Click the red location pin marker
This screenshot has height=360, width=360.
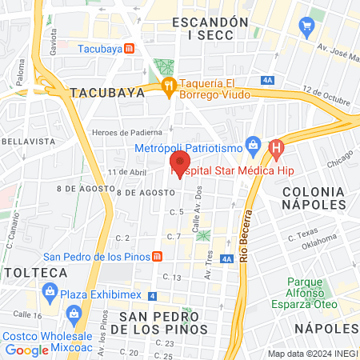coord(180,163)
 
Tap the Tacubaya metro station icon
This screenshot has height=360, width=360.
coord(141,48)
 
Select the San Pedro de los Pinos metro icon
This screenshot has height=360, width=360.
coord(158,257)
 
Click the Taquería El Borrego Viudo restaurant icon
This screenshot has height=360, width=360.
coord(168,86)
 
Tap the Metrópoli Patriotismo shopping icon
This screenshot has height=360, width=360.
coord(253,145)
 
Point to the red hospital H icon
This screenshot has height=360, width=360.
coord(277,148)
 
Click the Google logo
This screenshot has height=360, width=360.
coord(26,350)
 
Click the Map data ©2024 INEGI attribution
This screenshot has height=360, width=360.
coord(312,353)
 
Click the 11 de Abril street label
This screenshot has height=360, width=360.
coord(126,171)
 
